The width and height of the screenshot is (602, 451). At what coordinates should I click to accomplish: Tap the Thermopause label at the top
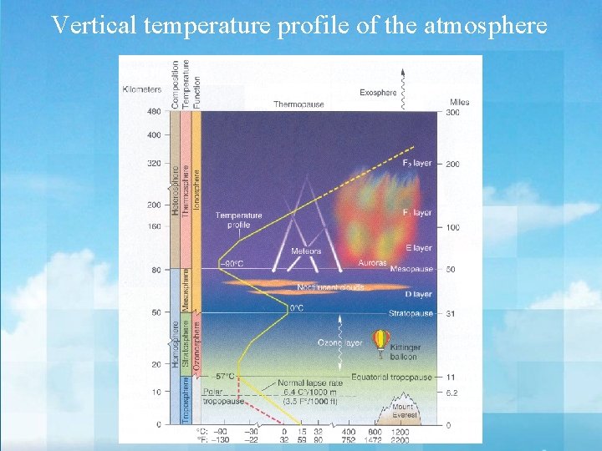[299, 104]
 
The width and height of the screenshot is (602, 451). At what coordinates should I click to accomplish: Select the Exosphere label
[378, 93]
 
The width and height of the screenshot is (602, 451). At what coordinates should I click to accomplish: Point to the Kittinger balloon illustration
[381, 341]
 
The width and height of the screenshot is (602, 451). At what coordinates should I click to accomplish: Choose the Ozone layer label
[339, 342]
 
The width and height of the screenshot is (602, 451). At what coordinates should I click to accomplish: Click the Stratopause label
[411, 313]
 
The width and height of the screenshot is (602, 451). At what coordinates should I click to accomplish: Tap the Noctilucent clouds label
[330, 287]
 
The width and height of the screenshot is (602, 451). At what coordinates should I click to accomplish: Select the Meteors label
[306, 251]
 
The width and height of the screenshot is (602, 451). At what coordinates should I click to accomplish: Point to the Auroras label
[372, 262]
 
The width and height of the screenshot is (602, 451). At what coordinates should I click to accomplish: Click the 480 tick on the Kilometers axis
[153, 112]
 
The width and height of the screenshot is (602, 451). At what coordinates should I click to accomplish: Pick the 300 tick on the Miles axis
[452, 112]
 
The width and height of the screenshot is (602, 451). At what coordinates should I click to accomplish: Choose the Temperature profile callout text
[238, 220]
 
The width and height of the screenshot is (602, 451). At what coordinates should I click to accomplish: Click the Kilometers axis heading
[142, 89]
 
